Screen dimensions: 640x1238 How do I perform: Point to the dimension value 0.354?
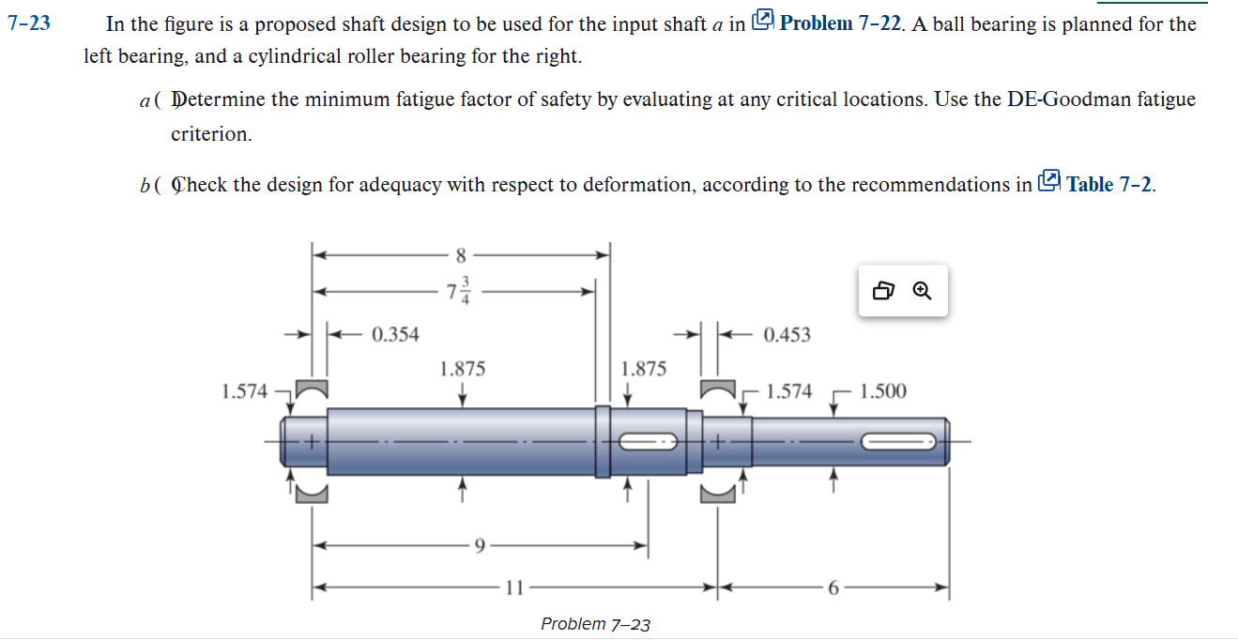[x=395, y=334]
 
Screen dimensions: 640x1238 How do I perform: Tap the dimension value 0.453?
[x=787, y=335]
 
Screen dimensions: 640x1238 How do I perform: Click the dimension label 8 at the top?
[x=460, y=255]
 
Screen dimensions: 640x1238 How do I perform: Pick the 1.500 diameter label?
[x=882, y=391]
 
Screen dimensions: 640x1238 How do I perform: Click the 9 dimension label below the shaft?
[x=480, y=545]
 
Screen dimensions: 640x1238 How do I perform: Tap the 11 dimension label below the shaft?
[x=513, y=589]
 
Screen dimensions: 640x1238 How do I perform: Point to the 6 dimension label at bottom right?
[x=833, y=589]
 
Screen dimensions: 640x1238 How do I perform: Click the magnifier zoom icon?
[x=923, y=291]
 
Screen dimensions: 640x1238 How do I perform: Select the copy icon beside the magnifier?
[x=883, y=291]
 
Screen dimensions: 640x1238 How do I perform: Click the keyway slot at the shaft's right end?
[x=898, y=441]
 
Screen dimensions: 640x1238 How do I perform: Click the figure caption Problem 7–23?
[x=595, y=624]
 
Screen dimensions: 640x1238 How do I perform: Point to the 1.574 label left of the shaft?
[x=244, y=391]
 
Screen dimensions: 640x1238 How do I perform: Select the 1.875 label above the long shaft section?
[x=463, y=369]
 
